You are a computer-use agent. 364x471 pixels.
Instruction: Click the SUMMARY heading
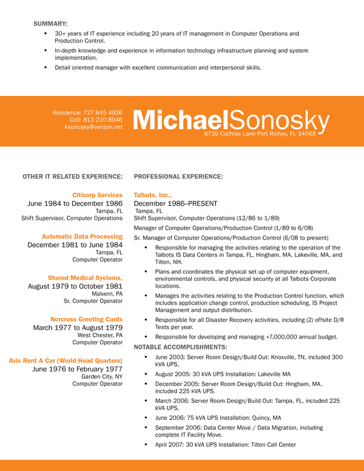[50, 23]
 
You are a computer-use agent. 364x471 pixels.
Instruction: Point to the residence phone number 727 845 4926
[101, 112]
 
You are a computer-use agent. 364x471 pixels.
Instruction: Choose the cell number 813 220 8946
[101, 120]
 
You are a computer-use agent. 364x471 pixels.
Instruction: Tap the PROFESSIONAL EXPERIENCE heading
[178, 177]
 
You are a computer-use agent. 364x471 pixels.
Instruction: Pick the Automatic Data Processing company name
[82, 236]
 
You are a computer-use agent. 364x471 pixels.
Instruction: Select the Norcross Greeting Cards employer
[86, 319]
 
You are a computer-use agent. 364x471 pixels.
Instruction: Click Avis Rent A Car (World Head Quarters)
[66, 360]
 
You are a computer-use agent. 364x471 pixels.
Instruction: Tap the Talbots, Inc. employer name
[153, 195]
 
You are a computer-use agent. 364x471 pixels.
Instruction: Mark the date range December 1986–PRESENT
[175, 203]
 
